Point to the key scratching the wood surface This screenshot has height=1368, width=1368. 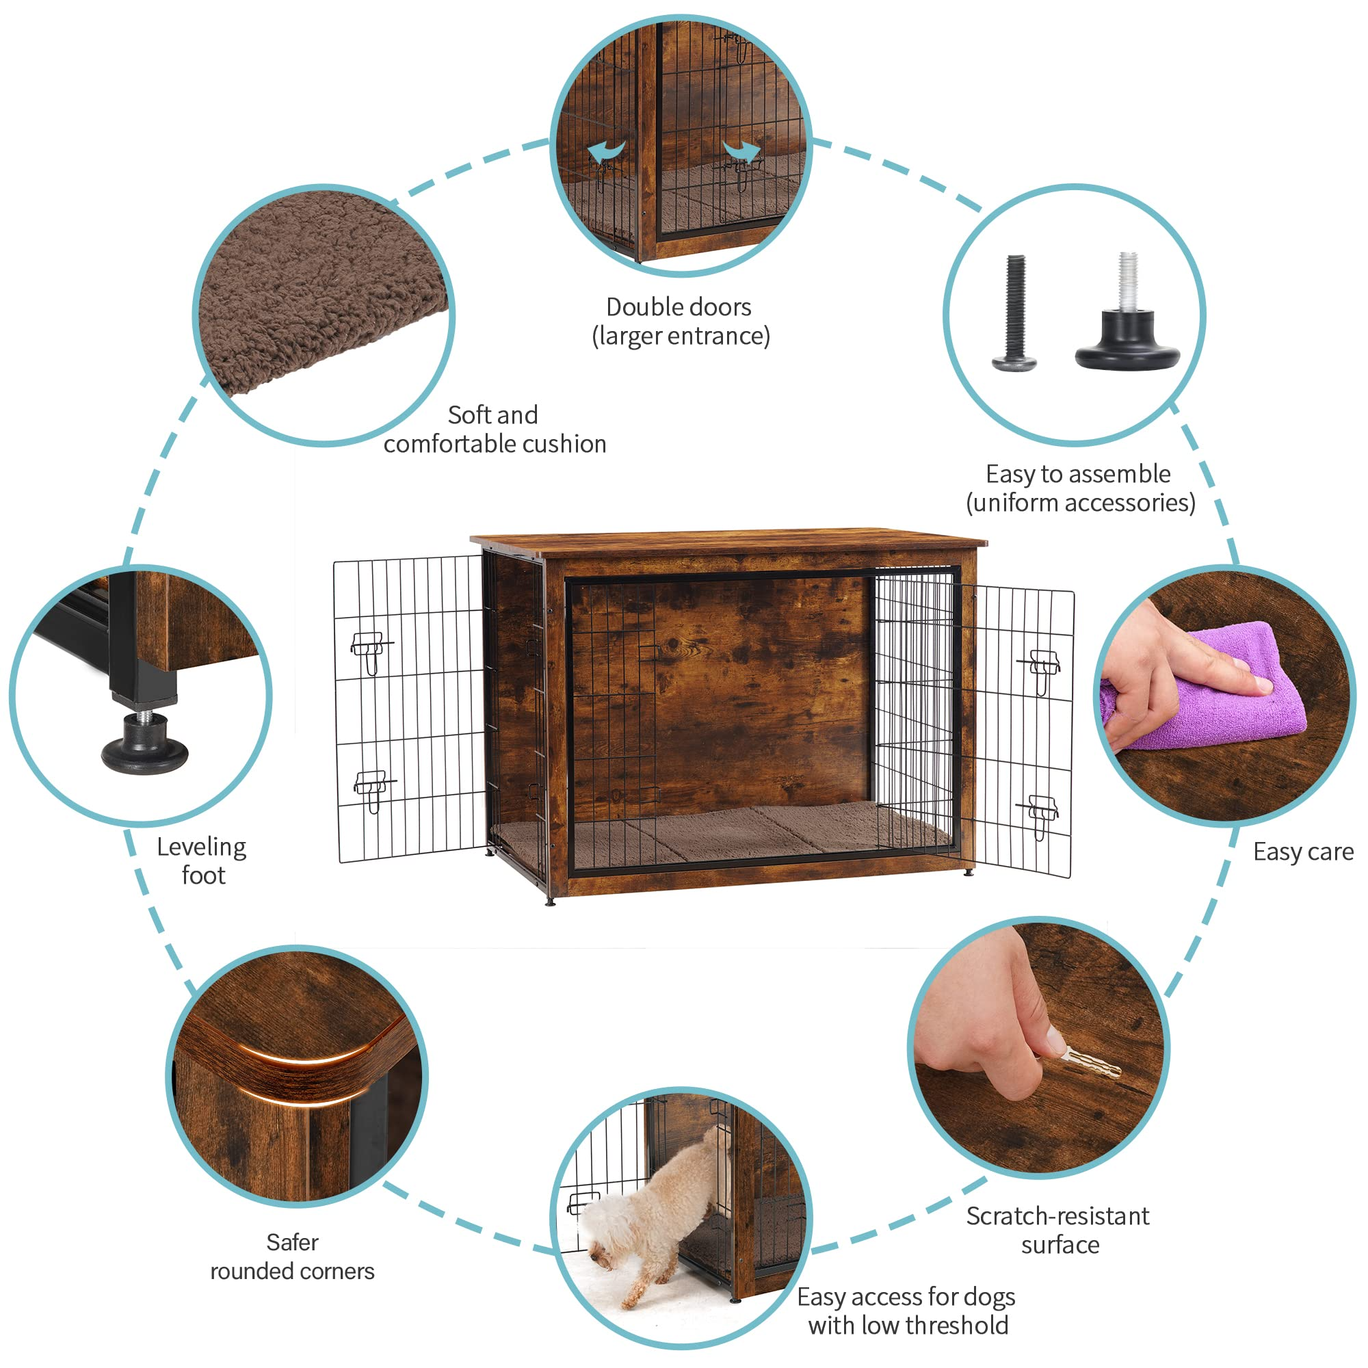point(1088,1062)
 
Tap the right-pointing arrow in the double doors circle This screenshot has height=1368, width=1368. point(742,150)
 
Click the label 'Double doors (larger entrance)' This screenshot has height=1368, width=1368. point(681,321)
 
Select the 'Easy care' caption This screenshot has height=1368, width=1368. point(1303,852)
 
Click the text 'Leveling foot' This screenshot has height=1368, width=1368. point(202,861)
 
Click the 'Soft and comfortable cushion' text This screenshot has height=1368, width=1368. point(495,430)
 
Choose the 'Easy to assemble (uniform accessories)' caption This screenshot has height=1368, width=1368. point(1080,488)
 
